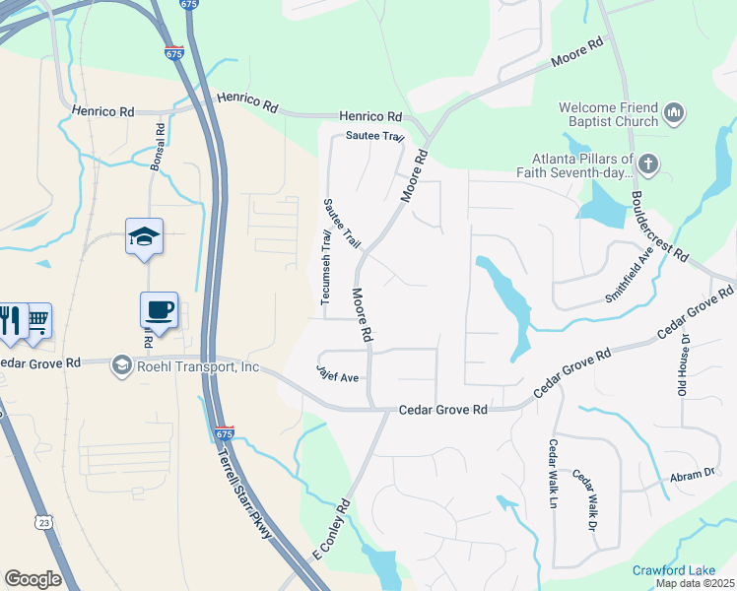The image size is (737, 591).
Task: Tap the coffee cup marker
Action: (x=159, y=309)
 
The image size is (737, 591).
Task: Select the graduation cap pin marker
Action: (x=144, y=236)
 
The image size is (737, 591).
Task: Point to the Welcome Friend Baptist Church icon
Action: (x=675, y=114)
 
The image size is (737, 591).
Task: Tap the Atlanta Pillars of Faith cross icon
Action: (x=647, y=164)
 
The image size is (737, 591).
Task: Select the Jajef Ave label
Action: (x=338, y=376)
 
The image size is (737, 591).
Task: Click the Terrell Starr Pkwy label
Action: (x=240, y=483)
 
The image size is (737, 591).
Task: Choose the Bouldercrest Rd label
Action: (x=659, y=226)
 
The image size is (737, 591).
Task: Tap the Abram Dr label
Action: (x=695, y=474)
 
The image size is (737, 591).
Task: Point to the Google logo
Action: (x=33, y=578)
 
